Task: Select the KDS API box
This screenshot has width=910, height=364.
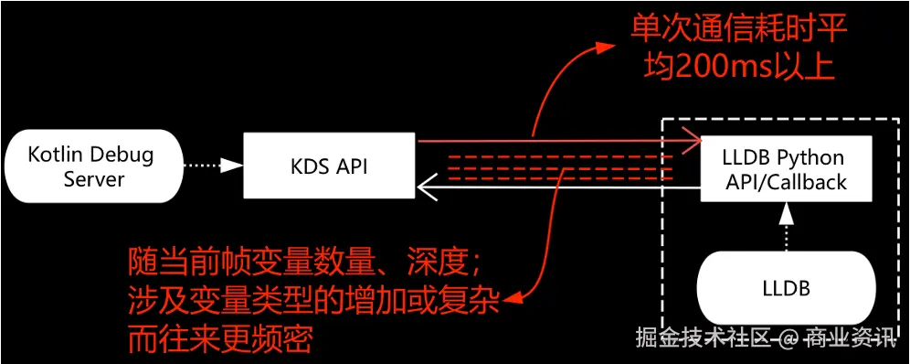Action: point(330,166)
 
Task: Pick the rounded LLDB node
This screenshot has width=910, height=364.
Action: point(785,289)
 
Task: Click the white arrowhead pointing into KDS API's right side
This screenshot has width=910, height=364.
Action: point(423,188)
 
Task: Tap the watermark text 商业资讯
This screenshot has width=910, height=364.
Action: point(850,339)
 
